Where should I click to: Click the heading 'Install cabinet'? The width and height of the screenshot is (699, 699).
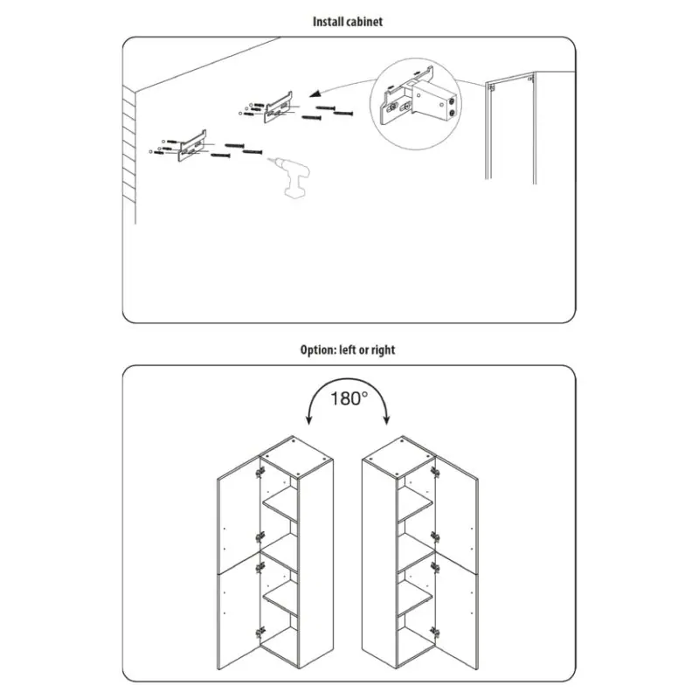(347, 21)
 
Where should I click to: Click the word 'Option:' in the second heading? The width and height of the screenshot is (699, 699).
(318, 350)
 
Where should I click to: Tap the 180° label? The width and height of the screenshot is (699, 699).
(349, 398)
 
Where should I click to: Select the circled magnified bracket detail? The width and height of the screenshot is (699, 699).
(416, 103)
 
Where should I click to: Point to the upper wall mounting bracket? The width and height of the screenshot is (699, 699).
(278, 107)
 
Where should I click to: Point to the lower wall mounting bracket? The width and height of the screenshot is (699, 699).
(192, 146)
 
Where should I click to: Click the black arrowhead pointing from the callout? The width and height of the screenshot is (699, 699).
(315, 93)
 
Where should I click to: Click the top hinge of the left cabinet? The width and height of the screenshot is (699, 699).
(260, 472)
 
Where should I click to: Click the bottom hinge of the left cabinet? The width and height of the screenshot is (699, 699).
(260, 633)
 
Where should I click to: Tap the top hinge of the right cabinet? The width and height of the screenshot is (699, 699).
(435, 472)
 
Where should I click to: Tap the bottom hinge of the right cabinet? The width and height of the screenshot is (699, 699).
(435, 632)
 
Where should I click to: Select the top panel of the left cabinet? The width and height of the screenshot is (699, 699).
(296, 457)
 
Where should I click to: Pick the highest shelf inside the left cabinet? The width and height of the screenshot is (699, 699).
(280, 505)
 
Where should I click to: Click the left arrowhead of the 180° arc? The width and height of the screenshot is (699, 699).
(308, 419)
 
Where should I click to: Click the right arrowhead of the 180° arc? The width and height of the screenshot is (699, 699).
(386, 419)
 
